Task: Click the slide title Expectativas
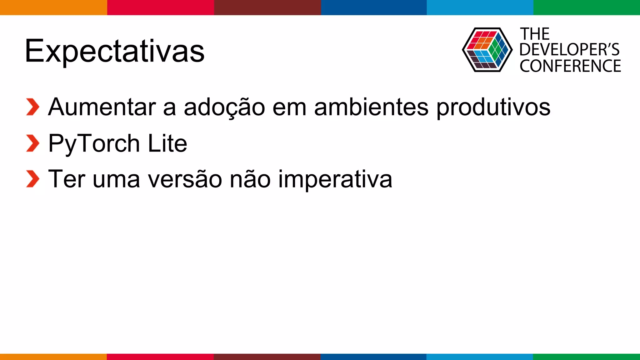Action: pos(114,51)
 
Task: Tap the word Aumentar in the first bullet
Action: pos(102,107)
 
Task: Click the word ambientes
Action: pos(371,107)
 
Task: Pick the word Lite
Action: pos(167,143)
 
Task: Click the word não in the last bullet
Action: pos(250,179)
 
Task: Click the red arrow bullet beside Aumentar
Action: pos(32,107)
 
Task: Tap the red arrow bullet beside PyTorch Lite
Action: pos(32,143)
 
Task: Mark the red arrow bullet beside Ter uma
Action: pos(32,179)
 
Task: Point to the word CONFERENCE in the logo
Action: pos(570,66)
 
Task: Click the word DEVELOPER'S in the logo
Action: pos(569,50)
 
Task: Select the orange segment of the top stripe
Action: pos(53,7)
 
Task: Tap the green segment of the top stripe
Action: pos(587,7)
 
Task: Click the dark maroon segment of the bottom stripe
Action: pos(267,357)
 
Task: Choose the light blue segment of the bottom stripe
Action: pos(479,357)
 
